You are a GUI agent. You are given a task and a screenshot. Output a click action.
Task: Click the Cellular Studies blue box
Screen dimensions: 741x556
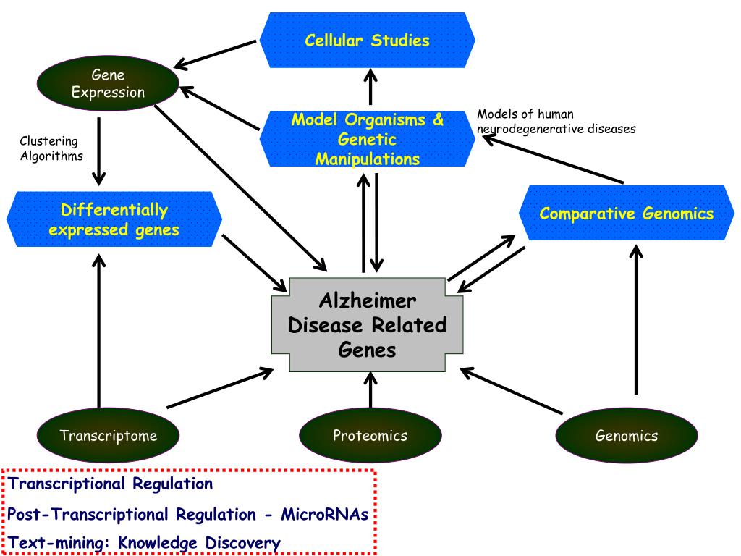tap(367, 41)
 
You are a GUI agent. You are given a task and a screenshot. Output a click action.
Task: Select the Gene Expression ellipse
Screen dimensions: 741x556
tap(109, 84)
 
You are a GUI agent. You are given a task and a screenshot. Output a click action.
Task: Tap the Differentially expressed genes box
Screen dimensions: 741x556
tap(114, 219)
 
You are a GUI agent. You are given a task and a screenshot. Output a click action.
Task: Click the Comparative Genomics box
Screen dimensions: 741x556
tap(626, 214)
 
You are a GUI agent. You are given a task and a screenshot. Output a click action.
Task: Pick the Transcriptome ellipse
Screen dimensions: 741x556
tap(109, 435)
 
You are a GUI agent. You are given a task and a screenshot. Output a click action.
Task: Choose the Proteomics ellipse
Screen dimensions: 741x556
tap(370, 435)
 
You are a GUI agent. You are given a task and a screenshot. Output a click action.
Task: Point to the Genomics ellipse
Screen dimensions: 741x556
tap(627, 435)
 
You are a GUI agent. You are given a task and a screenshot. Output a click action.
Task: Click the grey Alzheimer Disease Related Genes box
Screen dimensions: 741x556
tap(367, 325)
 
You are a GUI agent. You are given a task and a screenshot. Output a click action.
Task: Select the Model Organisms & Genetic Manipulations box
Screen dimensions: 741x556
tap(367, 139)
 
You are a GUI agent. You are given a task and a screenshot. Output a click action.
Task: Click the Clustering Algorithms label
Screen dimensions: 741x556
tap(51, 148)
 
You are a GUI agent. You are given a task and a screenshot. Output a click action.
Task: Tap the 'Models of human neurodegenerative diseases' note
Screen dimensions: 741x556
tap(556, 122)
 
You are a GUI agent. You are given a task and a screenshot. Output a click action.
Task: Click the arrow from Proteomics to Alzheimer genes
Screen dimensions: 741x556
tap(370, 390)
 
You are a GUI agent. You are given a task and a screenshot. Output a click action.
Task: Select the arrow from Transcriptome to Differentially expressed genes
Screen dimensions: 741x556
tap(98, 331)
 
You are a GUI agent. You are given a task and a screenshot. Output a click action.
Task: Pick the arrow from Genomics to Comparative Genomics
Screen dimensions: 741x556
tap(636, 319)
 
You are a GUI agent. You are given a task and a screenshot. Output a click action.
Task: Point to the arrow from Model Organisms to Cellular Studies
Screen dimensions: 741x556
tap(370, 87)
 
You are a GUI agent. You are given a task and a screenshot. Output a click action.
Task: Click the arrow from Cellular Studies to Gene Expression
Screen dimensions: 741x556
tap(215, 54)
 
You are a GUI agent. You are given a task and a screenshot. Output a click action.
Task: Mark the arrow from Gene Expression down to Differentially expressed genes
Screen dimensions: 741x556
tap(98, 151)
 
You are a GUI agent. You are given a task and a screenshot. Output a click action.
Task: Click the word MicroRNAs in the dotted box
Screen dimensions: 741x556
tap(325, 514)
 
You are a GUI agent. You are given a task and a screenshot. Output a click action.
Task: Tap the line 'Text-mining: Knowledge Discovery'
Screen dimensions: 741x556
tap(144, 543)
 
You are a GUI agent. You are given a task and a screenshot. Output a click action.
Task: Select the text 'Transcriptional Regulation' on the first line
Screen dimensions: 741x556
tap(111, 484)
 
